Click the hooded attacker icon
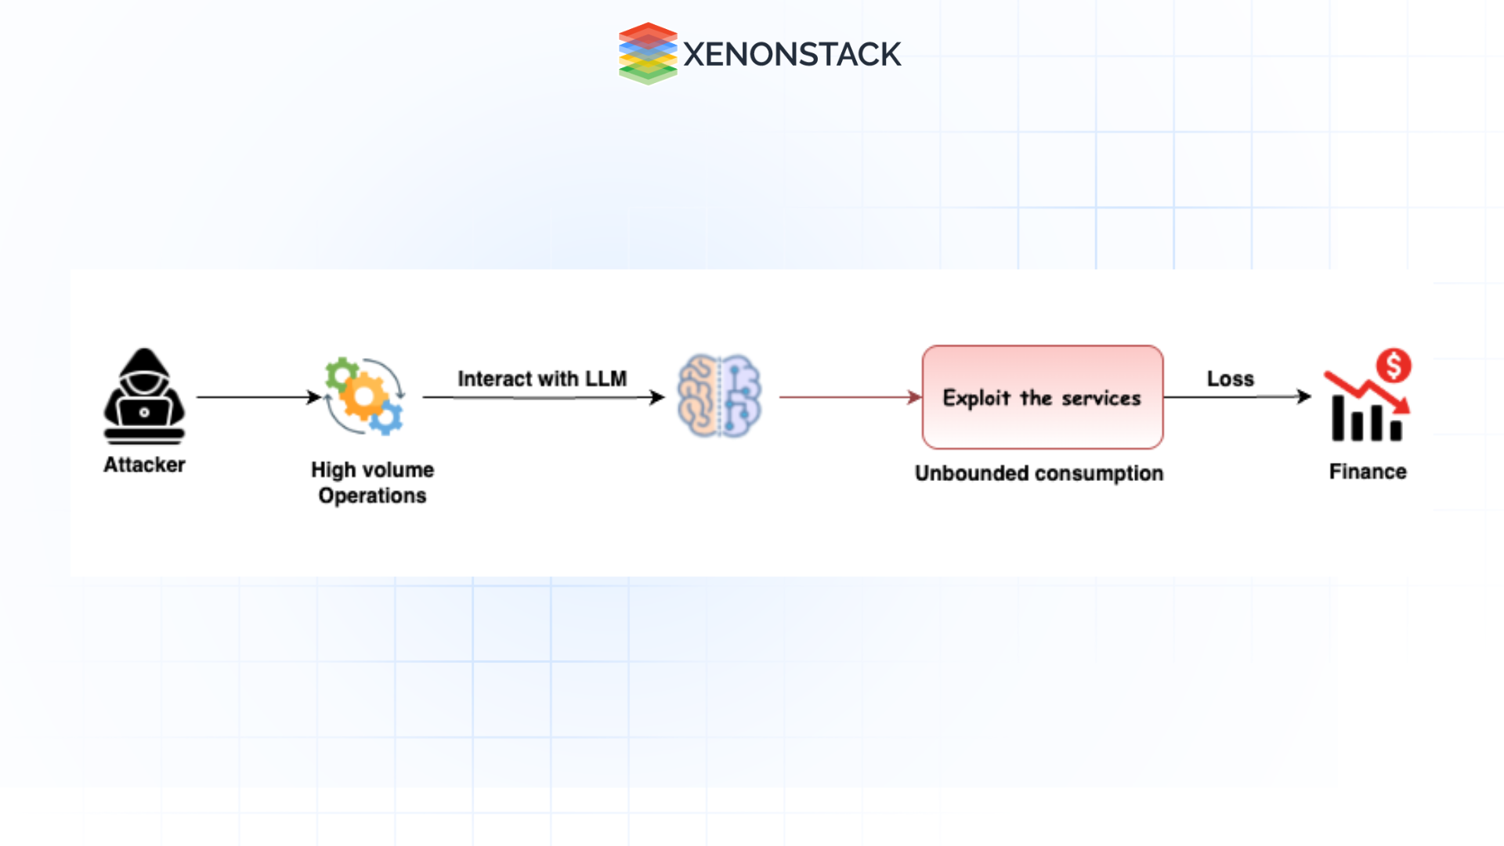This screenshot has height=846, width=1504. click(x=144, y=396)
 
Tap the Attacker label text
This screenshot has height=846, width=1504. click(x=144, y=465)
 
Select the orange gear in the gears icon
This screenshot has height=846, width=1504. click(x=363, y=396)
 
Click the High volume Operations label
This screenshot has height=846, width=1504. click(x=372, y=483)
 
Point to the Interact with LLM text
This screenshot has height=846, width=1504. click(x=542, y=379)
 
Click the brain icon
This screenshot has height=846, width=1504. click(x=719, y=396)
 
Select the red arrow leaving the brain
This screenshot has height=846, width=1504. click(x=849, y=397)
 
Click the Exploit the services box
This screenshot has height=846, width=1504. click(x=1042, y=397)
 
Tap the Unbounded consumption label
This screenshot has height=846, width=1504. click(x=1039, y=473)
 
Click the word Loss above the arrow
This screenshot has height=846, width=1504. click(x=1230, y=379)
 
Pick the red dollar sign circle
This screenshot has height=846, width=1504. click(x=1394, y=366)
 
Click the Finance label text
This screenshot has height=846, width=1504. click(x=1368, y=472)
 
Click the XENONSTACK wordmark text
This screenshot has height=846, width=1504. click(x=792, y=54)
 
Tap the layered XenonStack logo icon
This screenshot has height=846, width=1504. click(x=648, y=53)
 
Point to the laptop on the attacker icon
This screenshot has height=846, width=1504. click(x=144, y=412)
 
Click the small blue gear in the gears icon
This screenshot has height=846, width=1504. click(x=386, y=419)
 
